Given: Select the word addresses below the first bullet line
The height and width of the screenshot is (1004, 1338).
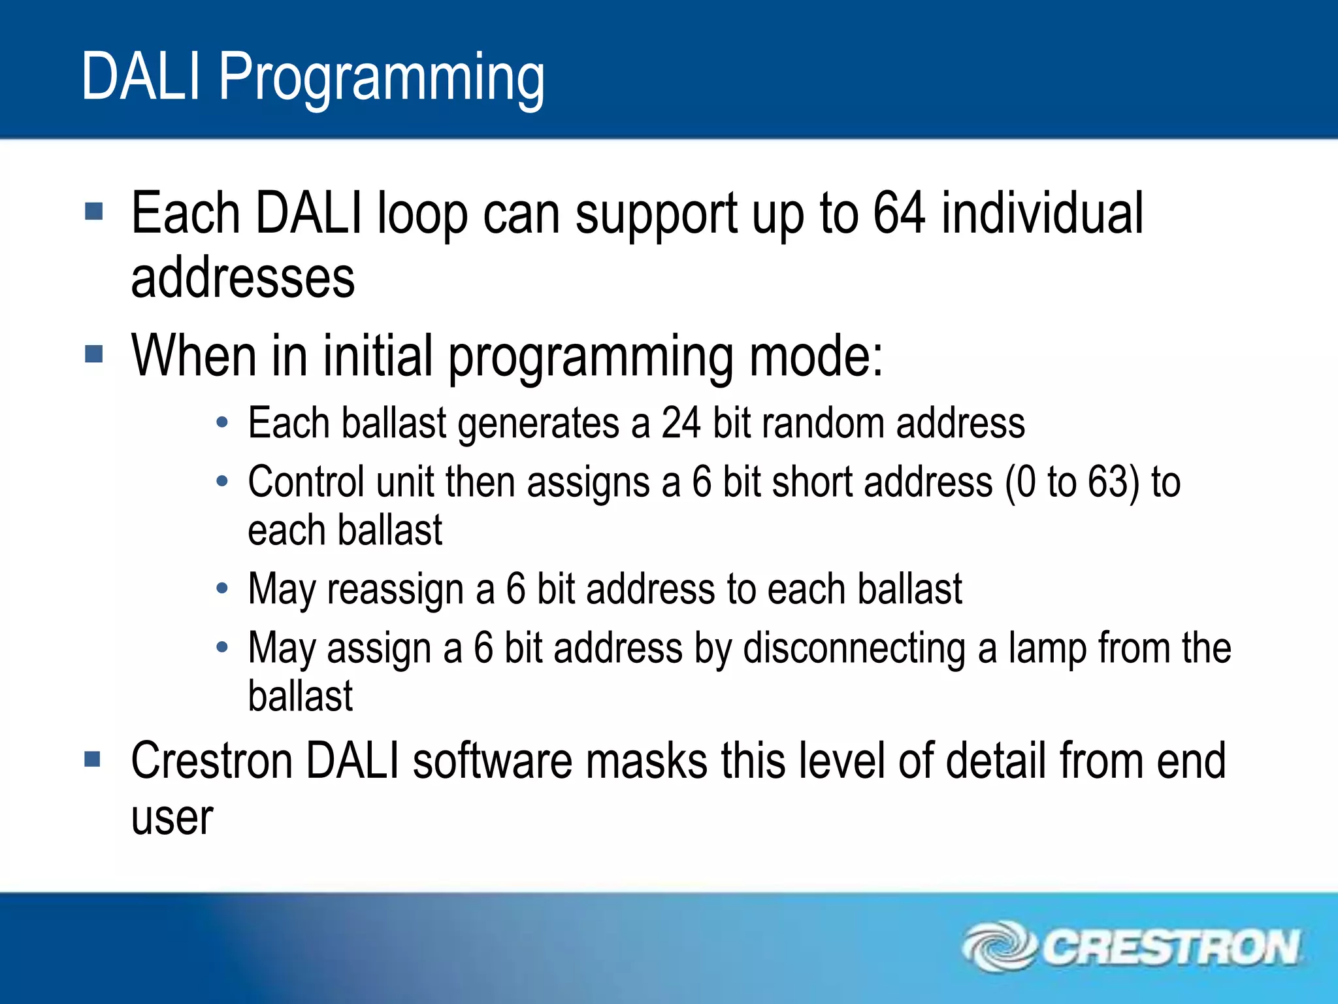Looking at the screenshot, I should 243,280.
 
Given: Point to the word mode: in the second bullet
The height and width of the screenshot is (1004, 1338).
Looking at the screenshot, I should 816,356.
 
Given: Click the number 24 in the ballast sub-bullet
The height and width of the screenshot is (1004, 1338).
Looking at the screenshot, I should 681,423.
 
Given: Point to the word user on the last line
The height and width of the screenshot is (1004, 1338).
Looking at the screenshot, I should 172,818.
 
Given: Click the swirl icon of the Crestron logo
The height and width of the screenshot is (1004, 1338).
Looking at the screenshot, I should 998,946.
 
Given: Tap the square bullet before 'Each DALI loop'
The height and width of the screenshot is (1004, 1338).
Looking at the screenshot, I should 94,212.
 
